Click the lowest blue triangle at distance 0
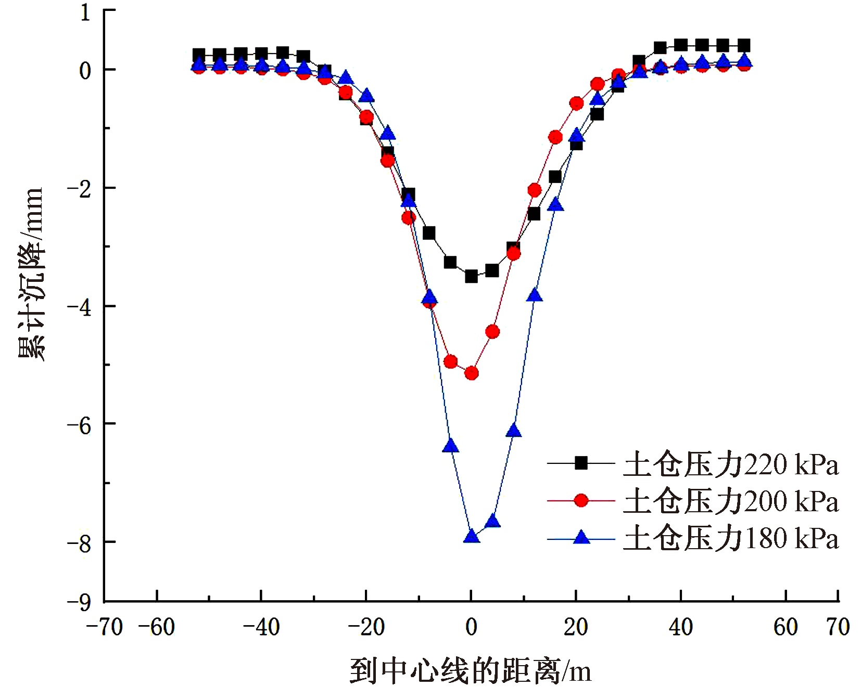pos(471,536)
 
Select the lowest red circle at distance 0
pos(471,373)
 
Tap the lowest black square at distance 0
pos(471,276)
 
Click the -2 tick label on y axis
pos(79,188)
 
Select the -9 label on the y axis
pos(79,603)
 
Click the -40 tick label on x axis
pos(261,627)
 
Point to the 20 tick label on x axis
pos(576,627)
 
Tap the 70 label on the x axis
pos(838,627)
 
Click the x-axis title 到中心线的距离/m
pos(470,671)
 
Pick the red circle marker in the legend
pos(581,500)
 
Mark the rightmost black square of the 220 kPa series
pos(744,45)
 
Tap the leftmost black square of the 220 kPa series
pos(198,55)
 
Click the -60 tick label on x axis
pos(157,627)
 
